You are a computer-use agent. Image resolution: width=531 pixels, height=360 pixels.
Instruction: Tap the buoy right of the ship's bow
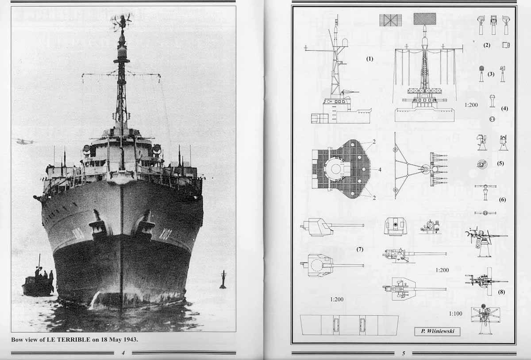[x=223, y=280]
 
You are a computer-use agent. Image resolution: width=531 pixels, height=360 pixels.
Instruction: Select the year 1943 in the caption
[x=129, y=340]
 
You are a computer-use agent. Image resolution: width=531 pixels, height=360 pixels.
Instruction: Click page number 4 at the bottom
[x=123, y=353]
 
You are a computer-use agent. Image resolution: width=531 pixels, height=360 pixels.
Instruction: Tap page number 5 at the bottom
[x=404, y=353]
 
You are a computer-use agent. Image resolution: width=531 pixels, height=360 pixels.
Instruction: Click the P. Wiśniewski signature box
[x=437, y=331]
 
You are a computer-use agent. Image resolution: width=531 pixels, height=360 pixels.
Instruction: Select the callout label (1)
[x=369, y=59]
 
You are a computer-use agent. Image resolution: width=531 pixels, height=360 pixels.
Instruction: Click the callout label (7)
[x=360, y=249]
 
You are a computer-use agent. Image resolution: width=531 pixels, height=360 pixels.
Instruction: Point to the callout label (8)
[x=501, y=292]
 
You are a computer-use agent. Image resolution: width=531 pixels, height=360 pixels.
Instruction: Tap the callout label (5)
[x=500, y=163]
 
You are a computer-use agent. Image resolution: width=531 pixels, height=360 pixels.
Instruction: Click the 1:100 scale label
[x=456, y=314]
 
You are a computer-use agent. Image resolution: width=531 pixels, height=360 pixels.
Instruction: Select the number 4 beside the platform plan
[x=380, y=170]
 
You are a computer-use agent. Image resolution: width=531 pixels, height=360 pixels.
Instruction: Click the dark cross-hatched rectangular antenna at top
[x=425, y=19]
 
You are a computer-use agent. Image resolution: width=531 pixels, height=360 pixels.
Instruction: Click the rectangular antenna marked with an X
[x=390, y=20]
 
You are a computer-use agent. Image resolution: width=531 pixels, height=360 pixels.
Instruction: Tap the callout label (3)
[x=491, y=74]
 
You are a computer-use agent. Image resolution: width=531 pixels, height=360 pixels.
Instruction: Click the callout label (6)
[x=502, y=200]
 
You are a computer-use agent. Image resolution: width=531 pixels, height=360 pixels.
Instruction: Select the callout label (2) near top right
[x=487, y=45]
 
